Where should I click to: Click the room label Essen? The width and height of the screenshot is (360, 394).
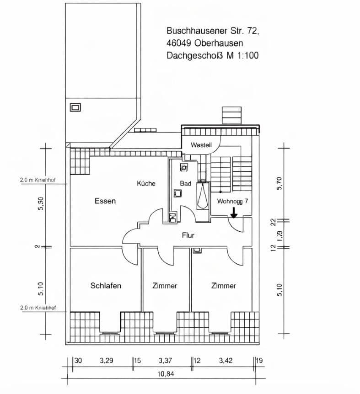click(x=105, y=201)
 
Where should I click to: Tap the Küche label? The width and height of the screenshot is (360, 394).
click(x=146, y=183)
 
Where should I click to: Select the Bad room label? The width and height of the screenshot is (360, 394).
click(x=185, y=183)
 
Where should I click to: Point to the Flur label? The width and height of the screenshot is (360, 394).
click(x=188, y=236)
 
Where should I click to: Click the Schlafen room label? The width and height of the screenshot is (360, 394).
click(x=106, y=286)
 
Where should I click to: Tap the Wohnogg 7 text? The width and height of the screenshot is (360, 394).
click(x=233, y=201)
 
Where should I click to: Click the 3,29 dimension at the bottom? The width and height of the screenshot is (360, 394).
click(x=107, y=361)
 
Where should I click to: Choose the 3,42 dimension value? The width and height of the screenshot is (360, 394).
click(x=226, y=361)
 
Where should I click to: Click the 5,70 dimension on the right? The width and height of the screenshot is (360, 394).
click(x=280, y=183)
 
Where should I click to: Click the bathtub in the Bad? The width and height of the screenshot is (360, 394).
click(x=202, y=197)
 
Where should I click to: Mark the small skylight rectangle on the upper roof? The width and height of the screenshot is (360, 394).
click(x=75, y=107)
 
